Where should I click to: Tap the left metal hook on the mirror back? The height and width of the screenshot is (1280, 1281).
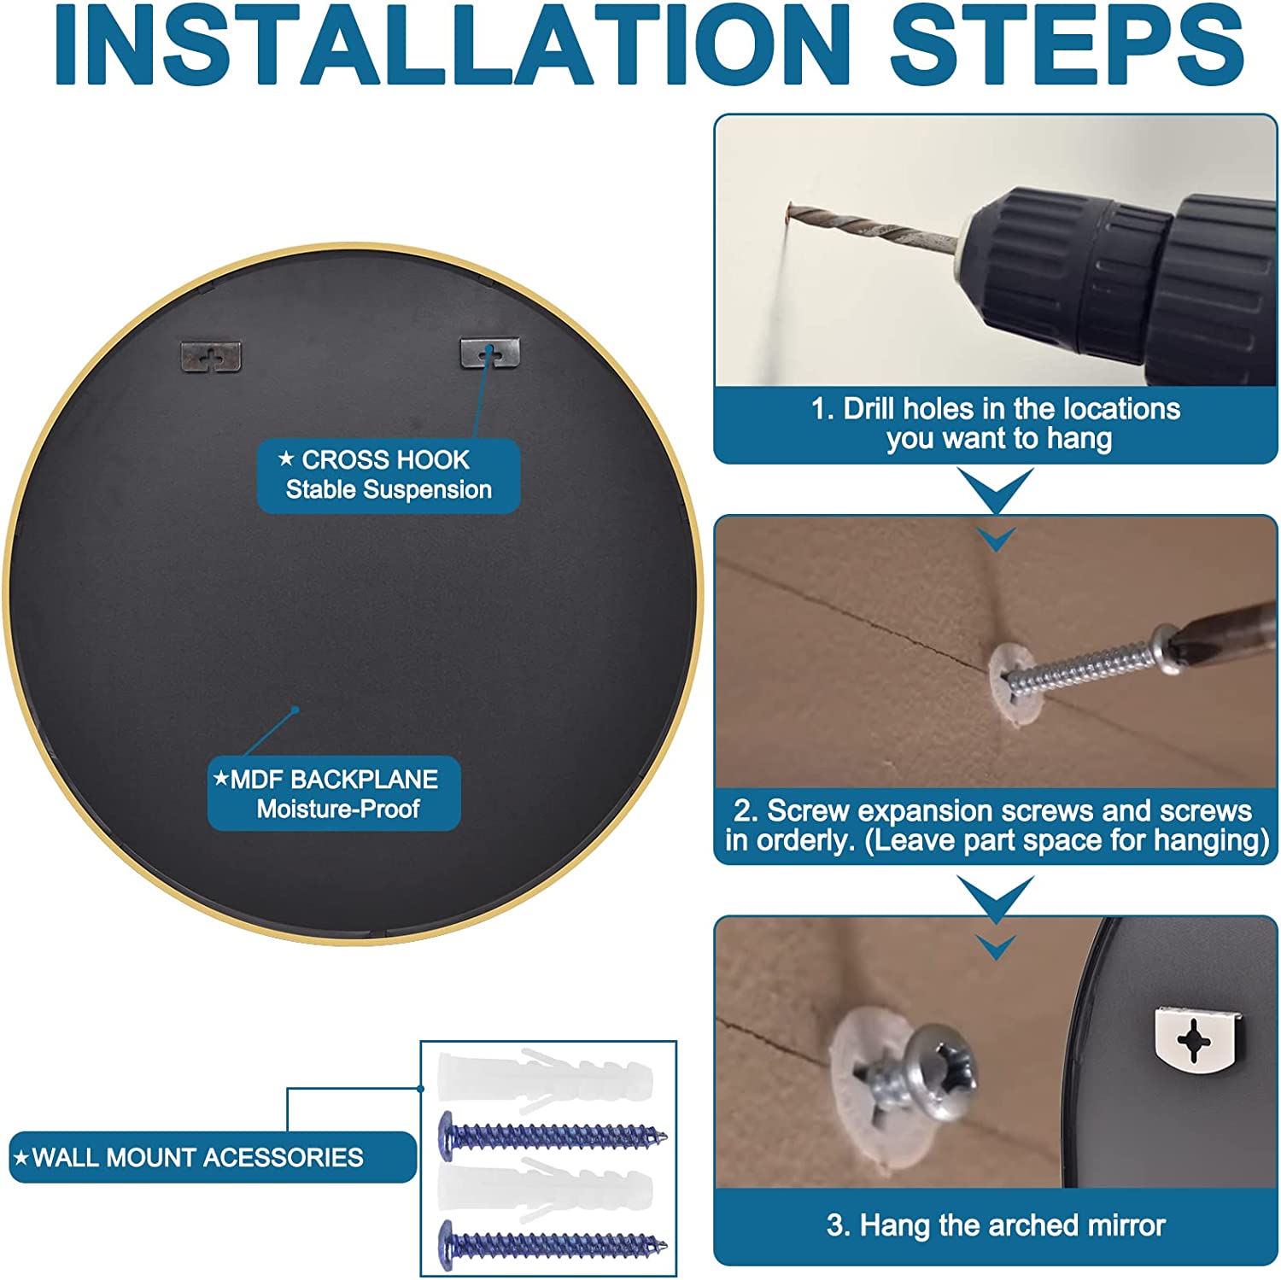coord(211,356)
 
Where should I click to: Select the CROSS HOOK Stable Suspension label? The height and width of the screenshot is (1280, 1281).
coord(389,476)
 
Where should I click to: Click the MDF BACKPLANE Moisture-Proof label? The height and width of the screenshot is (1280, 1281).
coord(334,793)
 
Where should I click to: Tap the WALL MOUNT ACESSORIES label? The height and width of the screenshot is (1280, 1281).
coord(213,1157)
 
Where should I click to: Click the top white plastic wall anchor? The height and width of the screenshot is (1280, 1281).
coord(545,1078)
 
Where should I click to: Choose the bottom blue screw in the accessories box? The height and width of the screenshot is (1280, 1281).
coord(553,1244)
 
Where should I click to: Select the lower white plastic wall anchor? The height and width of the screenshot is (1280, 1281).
coord(545,1189)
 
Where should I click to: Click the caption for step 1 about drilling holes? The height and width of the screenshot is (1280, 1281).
coord(996,424)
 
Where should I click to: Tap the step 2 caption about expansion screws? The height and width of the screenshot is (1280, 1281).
coord(996,825)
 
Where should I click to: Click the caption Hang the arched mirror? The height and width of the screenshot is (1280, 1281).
coord(996,1225)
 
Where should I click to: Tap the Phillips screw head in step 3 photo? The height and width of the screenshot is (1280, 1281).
coord(939,1071)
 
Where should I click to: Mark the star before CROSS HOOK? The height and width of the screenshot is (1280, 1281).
coord(286,459)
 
